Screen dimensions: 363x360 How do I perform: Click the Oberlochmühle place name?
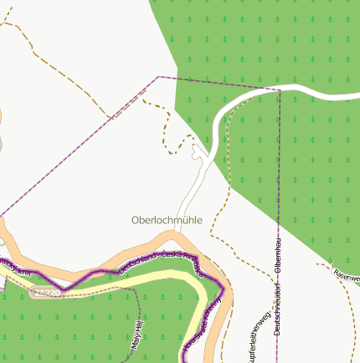[x=167, y=220]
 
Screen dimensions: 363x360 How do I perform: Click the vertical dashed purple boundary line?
[x=278, y=167]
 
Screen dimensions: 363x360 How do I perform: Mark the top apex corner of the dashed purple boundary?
[x=158, y=77]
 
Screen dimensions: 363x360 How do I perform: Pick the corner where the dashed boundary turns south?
[x=279, y=89]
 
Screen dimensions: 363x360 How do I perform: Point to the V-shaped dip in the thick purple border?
[x=64, y=287]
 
